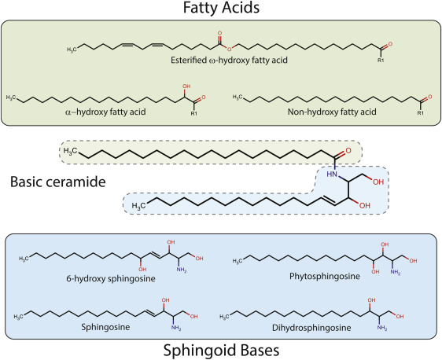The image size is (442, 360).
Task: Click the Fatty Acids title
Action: [x=220, y=9]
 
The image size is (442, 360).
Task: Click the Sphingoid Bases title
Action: [x=220, y=348]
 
